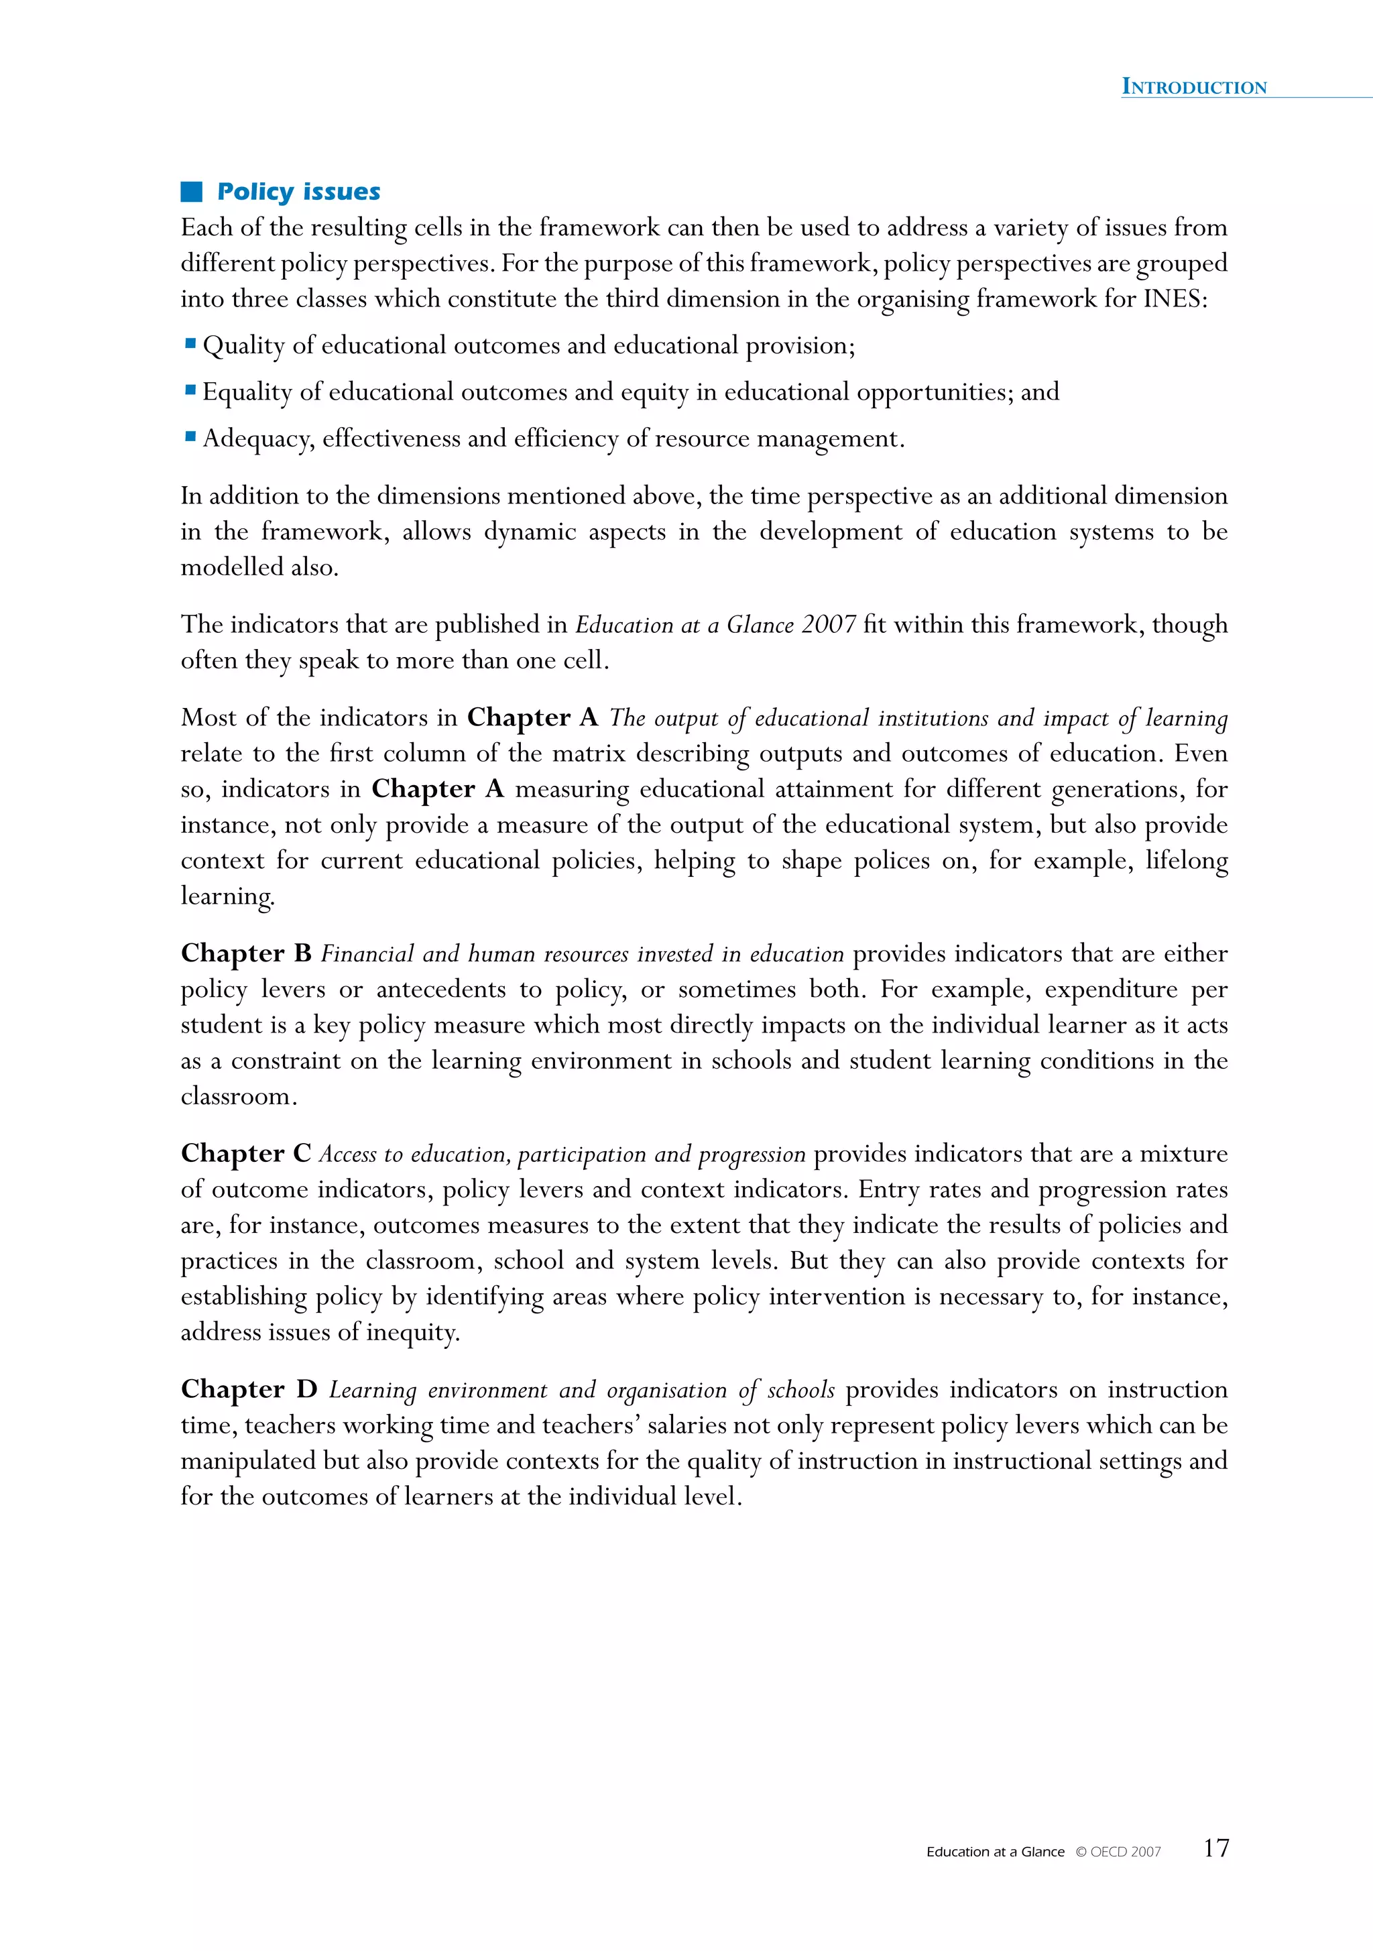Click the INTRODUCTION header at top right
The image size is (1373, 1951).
click(x=1194, y=86)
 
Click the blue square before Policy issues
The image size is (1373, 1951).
click(x=191, y=192)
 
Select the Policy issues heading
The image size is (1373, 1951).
click(x=298, y=192)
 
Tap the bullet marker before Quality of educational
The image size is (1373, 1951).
click(x=190, y=344)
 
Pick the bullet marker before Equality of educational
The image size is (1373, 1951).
click(x=190, y=391)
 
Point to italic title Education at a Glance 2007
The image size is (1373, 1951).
click(x=715, y=625)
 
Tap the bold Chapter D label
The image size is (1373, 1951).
click(x=249, y=1389)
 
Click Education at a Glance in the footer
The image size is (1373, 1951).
click(x=995, y=1852)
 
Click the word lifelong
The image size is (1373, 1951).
click(x=1186, y=860)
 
